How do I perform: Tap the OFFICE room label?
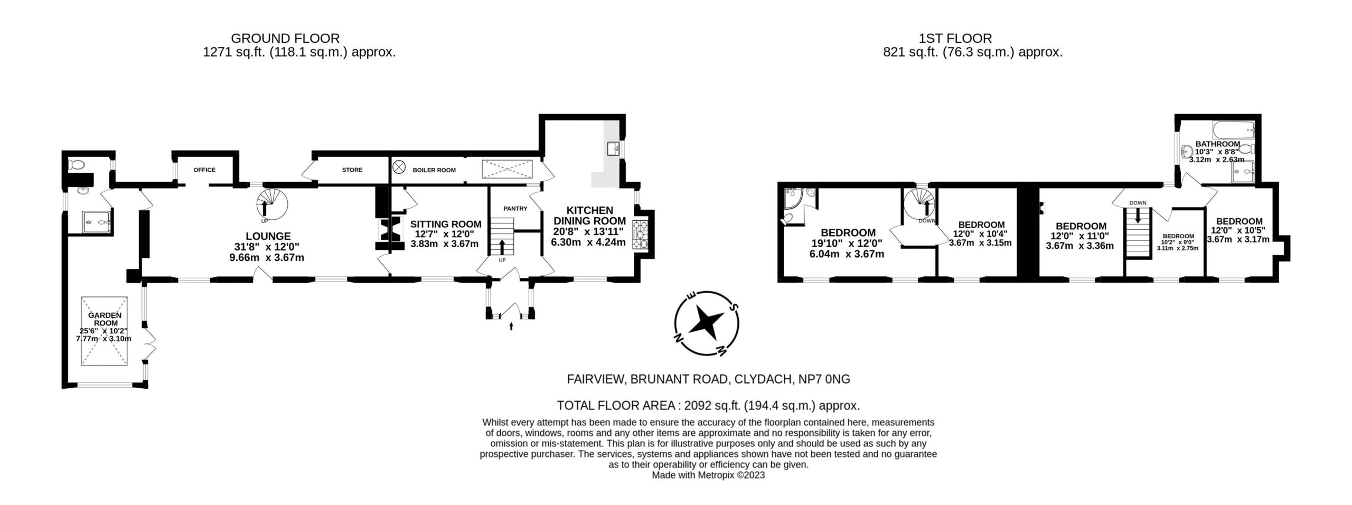[x=204, y=170]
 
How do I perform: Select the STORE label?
[x=352, y=170]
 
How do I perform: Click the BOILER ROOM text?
[x=434, y=170]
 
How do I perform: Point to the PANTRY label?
[x=515, y=209]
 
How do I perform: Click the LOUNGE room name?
[x=268, y=236]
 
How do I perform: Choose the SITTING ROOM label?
[x=446, y=224]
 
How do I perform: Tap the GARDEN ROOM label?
[x=105, y=319]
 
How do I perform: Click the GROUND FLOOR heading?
[x=285, y=38]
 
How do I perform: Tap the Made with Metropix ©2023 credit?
[x=708, y=475]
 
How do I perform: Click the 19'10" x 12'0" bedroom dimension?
[x=847, y=243]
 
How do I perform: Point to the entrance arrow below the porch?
[x=511, y=326]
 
